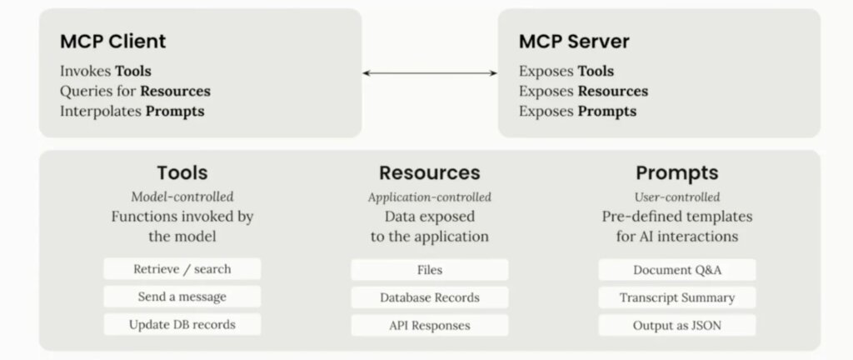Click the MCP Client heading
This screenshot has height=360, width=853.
pos(113,42)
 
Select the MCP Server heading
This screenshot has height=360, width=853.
pos(574,42)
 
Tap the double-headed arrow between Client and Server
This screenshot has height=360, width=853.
pos(430,72)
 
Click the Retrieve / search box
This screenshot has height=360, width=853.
pos(182,269)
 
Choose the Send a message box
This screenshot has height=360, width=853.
pos(182,297)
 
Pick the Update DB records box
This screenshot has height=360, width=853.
pos(182,325)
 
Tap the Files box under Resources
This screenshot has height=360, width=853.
pos(430,270)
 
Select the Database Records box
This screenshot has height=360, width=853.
pos(430,297)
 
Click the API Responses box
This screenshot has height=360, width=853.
pos(430,325)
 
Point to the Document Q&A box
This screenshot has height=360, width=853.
pos(677,270)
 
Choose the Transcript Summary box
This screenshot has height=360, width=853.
pos(677,297)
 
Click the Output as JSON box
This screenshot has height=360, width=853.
pos(677,325)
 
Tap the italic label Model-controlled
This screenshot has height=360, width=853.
pos(182,197)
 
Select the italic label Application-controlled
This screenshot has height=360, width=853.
pos(430,197)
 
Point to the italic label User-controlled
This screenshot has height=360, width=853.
pos(677,197)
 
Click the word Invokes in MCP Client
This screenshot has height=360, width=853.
pos(86,71)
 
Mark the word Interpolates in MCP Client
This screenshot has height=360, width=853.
pos(101,112)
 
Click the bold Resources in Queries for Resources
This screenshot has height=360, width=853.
pos(175,91)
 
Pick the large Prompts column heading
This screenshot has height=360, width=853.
pos(677,173)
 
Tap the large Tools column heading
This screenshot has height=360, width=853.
pos(182,172)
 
